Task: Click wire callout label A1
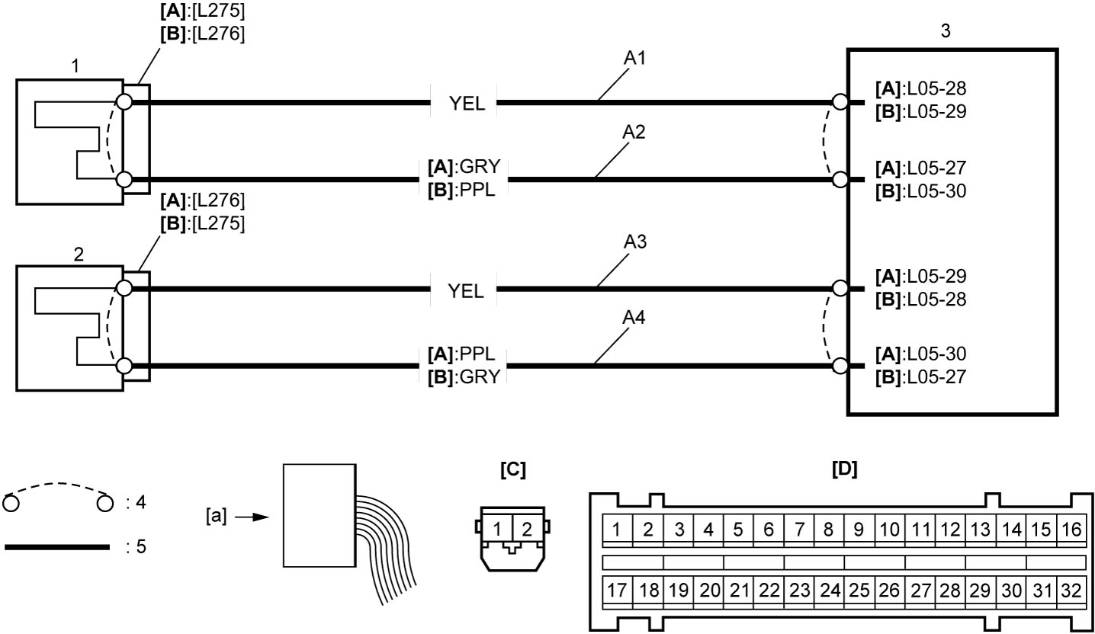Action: point(634,58)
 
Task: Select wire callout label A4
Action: point(634,318)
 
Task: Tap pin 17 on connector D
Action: point(617,590)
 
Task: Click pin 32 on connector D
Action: point(1071,591)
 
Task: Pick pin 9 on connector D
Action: point(859,530)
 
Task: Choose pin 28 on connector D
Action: point(950,591)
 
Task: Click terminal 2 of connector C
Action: point(526,529)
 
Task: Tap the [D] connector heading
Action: point(845,469)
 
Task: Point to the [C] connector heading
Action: point(512,469)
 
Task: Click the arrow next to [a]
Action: point(252,517)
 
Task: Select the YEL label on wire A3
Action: point(465,291)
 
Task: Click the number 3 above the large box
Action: point(946,30)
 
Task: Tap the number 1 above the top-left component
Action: point(75,66)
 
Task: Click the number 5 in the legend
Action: point(141,546)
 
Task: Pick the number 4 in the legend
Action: point(141,502)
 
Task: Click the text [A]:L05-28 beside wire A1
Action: point(920,88)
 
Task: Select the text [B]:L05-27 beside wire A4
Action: point(920,376)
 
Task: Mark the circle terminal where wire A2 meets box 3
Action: point(840,180)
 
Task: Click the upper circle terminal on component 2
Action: point(124,288)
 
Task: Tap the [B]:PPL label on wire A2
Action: point(461,190)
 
